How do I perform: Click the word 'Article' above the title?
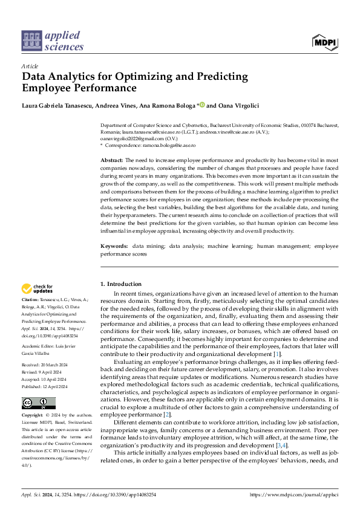click(x=30, y=66)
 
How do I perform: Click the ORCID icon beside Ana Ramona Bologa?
click(x=202, y=105)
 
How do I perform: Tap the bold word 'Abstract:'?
click(x=112, y=160)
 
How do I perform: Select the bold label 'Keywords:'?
click(x=114, y=247)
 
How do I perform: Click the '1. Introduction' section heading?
click(x=120, y=284)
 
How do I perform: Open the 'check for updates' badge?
click(x=37, y=288)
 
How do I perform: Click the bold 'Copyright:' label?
click(x=33, y=415)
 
